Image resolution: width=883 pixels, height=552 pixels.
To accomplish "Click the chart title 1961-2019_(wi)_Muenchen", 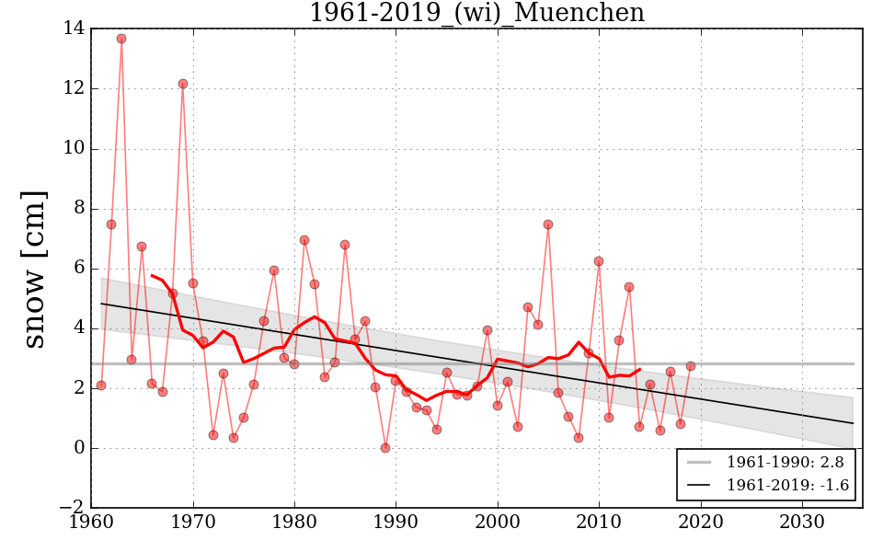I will (x=476, y=13).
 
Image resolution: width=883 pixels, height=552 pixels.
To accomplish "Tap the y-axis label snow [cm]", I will (x=33, y=270).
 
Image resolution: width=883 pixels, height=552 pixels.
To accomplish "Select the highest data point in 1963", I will (x=121, y=39).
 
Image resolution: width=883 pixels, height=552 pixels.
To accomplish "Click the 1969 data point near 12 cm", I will (x=183, y=84).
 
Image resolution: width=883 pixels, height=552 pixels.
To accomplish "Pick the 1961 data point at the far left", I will (x=101, y=385).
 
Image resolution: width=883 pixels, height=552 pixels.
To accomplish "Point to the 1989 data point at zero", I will (x=385, y=448).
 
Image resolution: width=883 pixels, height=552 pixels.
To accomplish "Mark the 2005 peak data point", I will (x=548, y=224).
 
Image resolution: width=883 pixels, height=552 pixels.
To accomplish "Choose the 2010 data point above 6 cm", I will (x=599, y=261).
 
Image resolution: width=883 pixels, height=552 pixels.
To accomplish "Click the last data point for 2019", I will (x=691, y=366).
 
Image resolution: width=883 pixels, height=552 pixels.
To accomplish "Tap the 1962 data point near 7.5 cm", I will (x=111, y=224).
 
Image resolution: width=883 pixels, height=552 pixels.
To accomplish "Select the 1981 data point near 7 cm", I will (x=304, y=240).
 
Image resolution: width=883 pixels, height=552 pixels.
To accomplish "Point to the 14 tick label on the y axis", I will (x=74, y=29).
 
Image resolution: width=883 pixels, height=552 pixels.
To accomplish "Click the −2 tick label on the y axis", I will (x=71, y=509).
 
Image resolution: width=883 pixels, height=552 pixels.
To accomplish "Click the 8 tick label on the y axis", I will (x=78, y=209).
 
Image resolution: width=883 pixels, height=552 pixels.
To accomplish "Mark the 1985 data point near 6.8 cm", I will (x=345, y=245).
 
